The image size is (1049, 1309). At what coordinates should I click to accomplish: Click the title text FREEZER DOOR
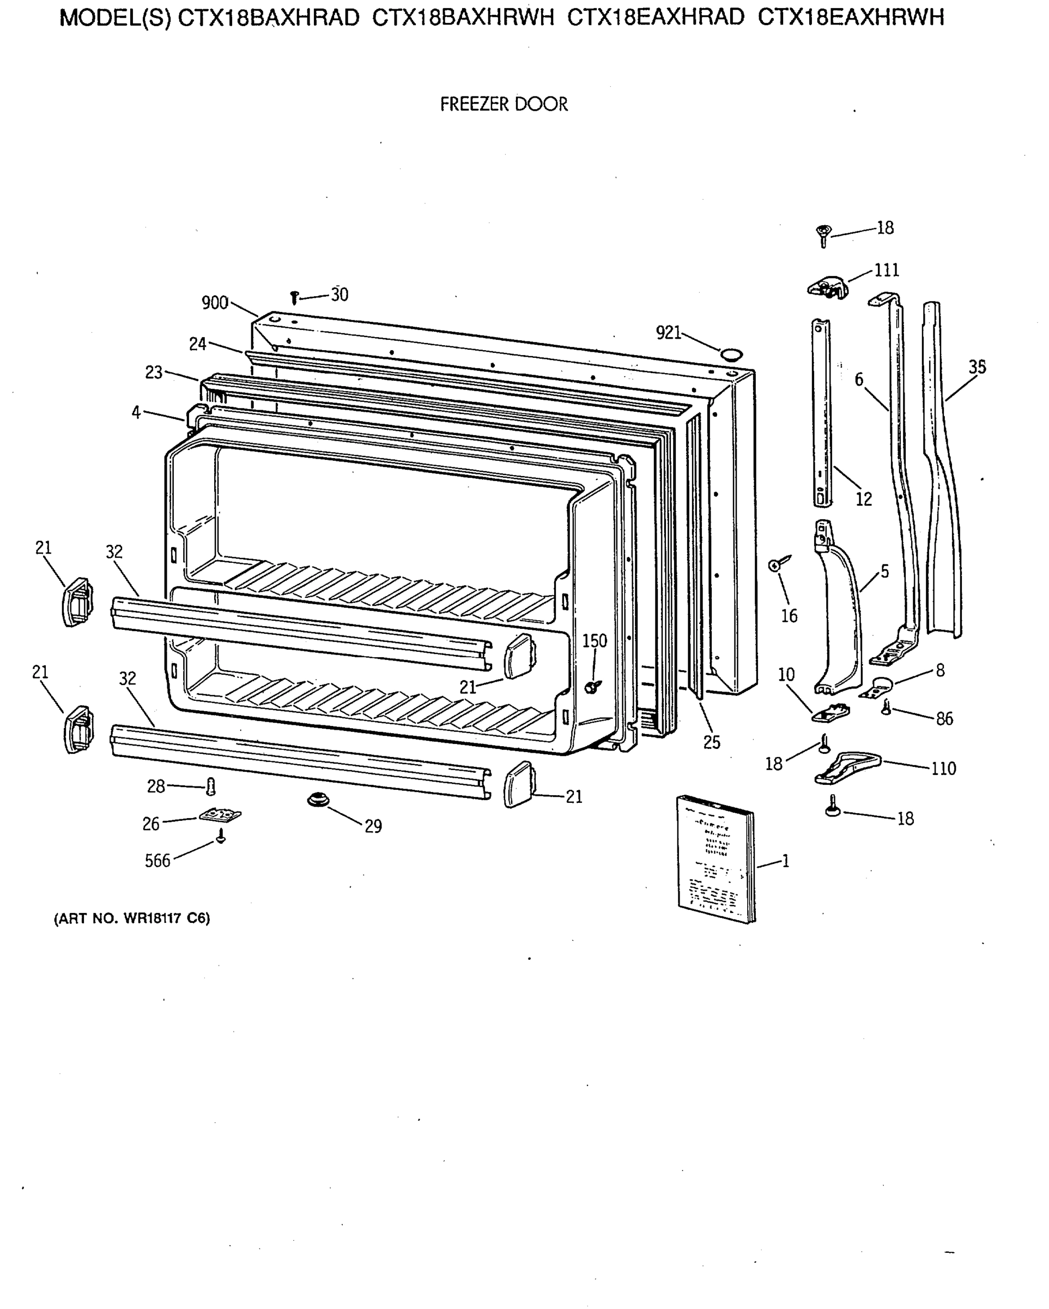(x=504, y=104)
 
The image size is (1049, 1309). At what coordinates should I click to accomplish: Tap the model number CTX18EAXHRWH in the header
(x=851, y=18)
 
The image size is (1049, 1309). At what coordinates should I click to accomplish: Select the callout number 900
(x=215, y=302)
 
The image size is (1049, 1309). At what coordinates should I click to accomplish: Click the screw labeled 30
(x=295, y=297)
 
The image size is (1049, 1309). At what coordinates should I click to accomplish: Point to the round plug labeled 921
(x=730, y=353)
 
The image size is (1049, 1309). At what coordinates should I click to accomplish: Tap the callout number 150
(x=594, y=641)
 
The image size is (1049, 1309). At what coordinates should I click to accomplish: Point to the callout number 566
(x=157, y=860)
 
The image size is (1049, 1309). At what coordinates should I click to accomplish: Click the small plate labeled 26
(x=220, y=814)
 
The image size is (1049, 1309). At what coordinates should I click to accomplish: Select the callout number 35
(x=977, y=367)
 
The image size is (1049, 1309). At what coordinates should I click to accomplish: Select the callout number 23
(x=154, y=372)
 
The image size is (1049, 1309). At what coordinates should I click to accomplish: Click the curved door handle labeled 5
(x=840, y=613)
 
